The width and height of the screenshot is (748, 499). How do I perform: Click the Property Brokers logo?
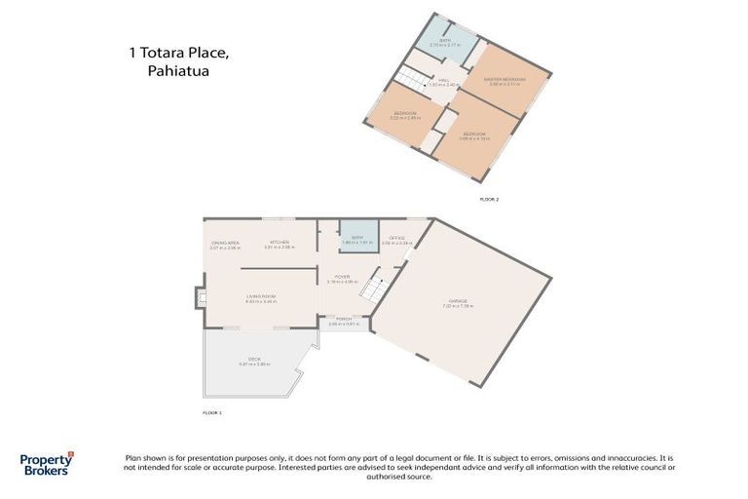tap(46, 464)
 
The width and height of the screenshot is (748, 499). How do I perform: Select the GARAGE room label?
tap(458, 303)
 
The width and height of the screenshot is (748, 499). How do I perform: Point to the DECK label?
tap(254, 361)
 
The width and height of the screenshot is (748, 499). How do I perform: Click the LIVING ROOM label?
tap(261, 298)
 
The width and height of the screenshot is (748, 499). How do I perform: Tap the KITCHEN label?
tap(279, 244)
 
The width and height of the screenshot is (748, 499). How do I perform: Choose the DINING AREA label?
tap(225, 244)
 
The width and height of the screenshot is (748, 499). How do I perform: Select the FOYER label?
tap(343, 278)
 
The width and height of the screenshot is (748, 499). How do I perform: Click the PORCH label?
tap(343, 321)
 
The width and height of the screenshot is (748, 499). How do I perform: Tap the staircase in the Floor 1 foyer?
tap(372, 287)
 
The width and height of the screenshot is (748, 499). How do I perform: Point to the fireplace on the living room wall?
tap(201, 297)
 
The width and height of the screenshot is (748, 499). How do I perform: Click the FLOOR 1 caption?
tap(212, 413)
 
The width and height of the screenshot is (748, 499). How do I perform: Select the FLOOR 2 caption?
tap(489, 199)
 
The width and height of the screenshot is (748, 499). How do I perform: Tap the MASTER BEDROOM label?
tap(506, 80)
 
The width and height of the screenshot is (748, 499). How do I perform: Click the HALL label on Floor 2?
tap(443, 83)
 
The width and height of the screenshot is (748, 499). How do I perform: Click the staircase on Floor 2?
tap(411, 81)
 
